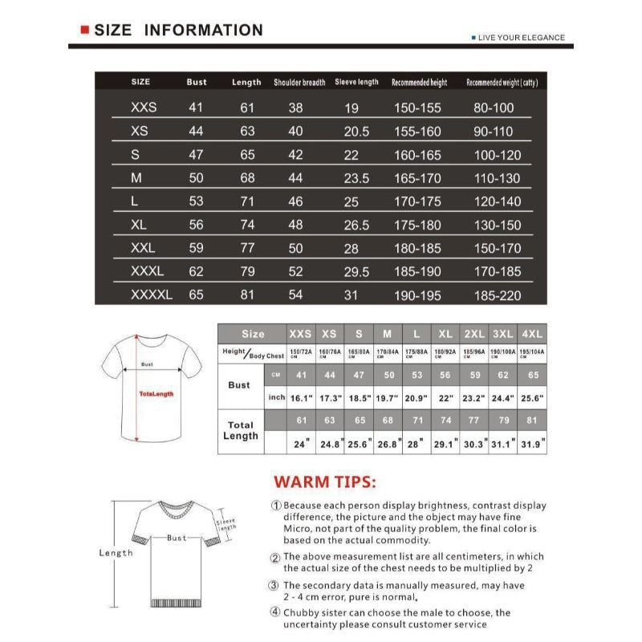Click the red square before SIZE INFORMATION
(x=84, y=30)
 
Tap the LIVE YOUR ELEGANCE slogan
(x=521, y=38)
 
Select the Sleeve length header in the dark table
(x=356, y=82)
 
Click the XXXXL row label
(x=152, y=295)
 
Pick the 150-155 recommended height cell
(x=417, y=108)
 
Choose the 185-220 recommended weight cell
(x=497, y=295)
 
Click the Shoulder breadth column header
(x=299, y=82)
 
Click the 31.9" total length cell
(x=532, y=442)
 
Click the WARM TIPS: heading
(x=324, y=482)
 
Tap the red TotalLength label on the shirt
(x=156, y=394)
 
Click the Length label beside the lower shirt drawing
(x=116, y=553)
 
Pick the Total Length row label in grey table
(x=240, y=430)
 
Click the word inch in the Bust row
(x=277, y=397)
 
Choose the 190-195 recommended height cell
(x=417, y=295)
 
